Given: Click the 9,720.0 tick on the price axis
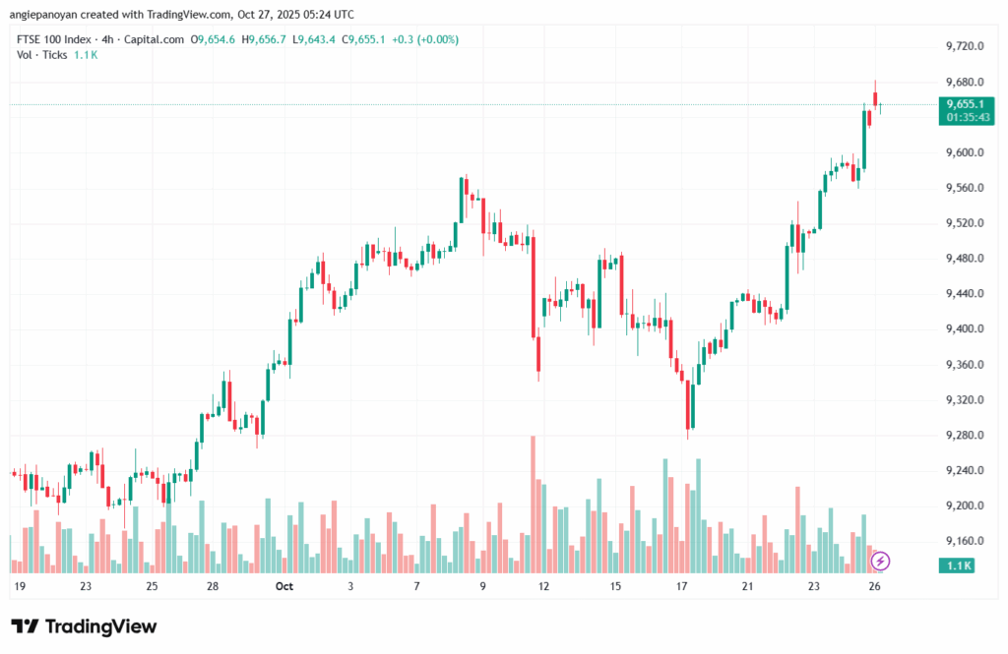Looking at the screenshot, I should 965,46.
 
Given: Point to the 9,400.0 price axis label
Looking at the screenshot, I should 965,329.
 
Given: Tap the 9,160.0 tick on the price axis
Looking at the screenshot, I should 965,542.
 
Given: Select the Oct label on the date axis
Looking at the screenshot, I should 284,587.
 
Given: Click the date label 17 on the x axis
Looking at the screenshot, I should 681,587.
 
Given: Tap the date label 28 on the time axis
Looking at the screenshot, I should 213,587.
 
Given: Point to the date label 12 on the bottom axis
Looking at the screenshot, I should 543,587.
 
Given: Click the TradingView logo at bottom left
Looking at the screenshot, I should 84,626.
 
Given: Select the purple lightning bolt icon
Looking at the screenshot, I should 881,562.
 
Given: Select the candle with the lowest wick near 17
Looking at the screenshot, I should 691,408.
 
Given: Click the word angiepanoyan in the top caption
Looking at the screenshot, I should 45,15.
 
